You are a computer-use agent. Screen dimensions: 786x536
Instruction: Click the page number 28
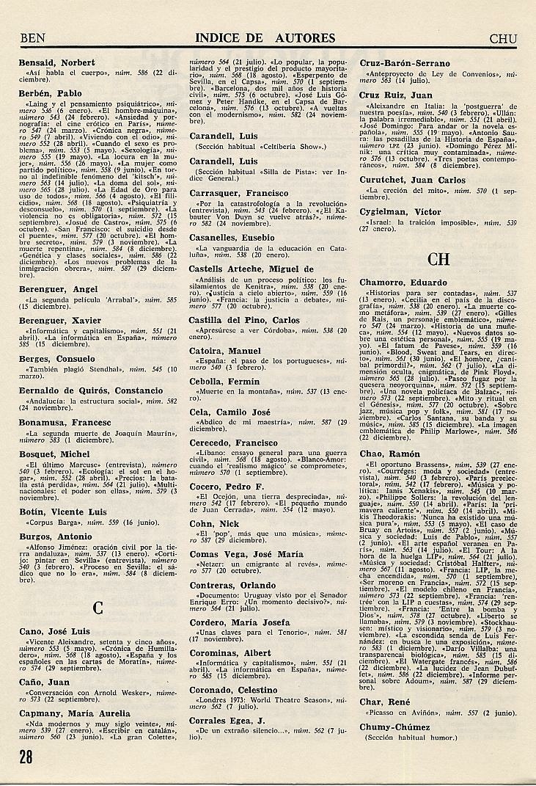[28, 760]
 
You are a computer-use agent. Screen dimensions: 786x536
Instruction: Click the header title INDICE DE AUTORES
[265, 39]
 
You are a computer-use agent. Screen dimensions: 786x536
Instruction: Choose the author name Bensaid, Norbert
[57, 63]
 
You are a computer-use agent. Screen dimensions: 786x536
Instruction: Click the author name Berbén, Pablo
[50, 94]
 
